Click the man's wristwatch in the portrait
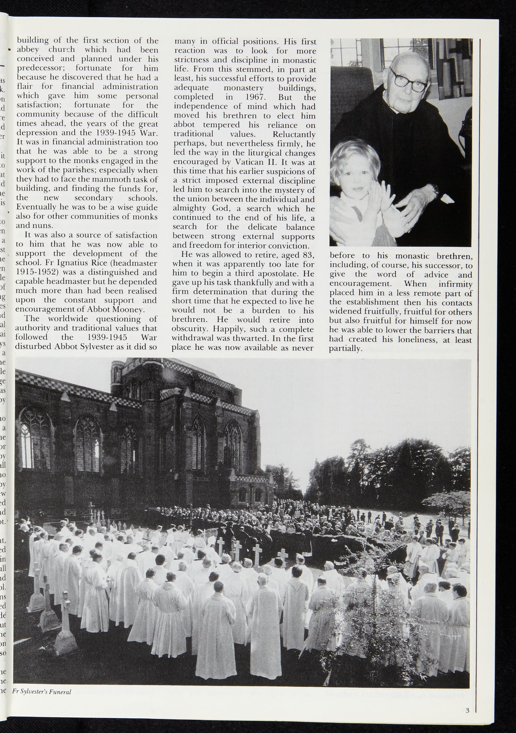pyautogui.click(x=435, y=188)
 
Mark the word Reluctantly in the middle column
pyautogui.click(x=294, y=135)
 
